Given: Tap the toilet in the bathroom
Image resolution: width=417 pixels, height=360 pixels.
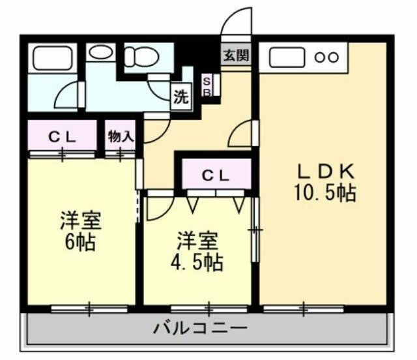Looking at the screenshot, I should tap(139, 57).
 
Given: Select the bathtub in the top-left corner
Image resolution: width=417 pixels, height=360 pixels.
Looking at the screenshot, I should tap(53, 58).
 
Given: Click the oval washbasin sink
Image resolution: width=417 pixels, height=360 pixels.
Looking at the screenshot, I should tap(100, 53).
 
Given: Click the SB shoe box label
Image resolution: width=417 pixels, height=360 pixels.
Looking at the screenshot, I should tap(207, 86).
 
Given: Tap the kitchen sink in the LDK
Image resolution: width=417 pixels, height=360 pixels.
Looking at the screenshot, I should tap(287, 57).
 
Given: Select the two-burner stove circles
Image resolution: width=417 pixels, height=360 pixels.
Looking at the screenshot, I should tap(326, 57).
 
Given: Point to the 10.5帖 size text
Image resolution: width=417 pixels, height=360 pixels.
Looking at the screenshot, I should tap(324, 193).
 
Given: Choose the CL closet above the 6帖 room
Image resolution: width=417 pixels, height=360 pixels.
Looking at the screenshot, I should tap(63, 137).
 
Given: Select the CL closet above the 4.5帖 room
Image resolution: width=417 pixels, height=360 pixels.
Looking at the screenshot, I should tap(215, 175).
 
